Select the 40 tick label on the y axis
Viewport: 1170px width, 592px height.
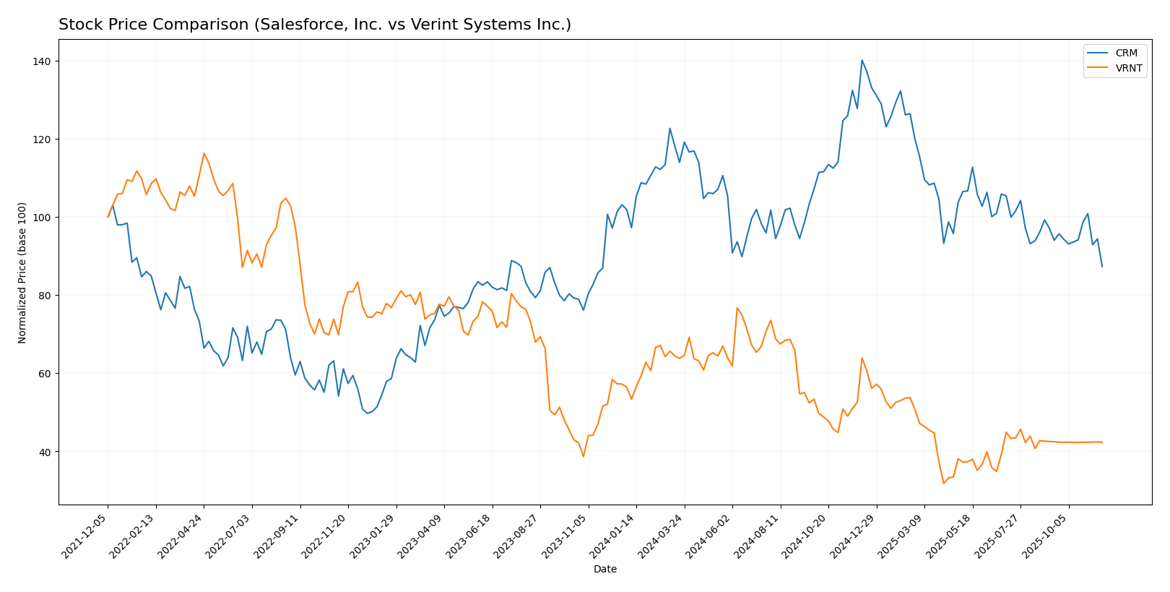tap(45, 452)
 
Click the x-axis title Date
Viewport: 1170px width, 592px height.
tap(604, 570)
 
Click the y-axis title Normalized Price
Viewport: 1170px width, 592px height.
tap(22, 273)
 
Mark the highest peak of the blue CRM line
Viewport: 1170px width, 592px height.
tap(862, 60)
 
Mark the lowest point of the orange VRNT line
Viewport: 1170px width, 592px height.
tap(943, 484)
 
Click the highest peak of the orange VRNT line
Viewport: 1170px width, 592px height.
tap(204, 153)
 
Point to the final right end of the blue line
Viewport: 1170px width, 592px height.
tap(1102, 267)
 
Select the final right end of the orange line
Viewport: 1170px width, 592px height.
tap(1102, 442)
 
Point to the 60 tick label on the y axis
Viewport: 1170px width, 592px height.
tap(45, 374)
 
